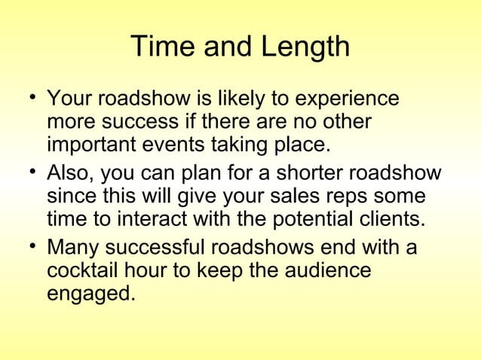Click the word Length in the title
305,47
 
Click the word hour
166,270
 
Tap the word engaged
91,293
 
